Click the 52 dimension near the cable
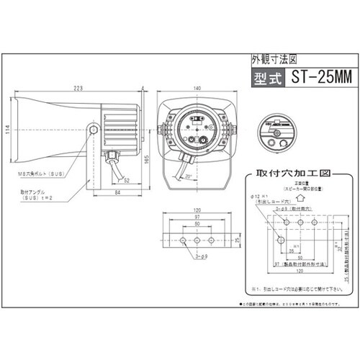click(x=126, y=181)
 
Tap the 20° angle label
click(x=188, y=174)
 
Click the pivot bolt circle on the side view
click(x=94, y=130)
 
